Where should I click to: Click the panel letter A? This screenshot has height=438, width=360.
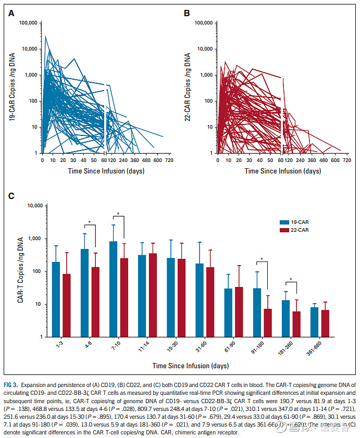coord(11,11)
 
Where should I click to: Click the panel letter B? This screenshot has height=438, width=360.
coord(187,11)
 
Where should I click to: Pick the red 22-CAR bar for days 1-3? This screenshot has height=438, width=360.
coord(66,305)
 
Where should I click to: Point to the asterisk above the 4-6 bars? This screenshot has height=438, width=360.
coord(90,223)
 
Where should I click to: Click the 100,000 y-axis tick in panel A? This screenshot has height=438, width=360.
coord(28,23)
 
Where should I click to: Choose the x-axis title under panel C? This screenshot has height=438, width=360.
coord(190,366)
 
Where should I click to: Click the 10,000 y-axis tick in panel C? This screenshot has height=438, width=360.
coord(38,206)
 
